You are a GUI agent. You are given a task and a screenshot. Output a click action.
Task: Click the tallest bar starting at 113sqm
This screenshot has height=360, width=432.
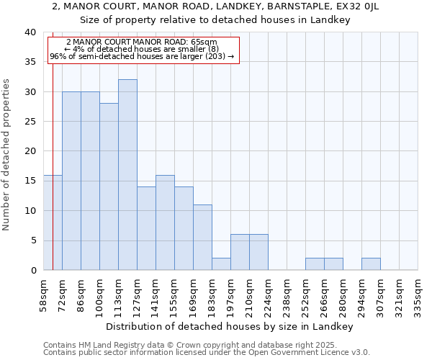pyautogui.click(x=127, y=175)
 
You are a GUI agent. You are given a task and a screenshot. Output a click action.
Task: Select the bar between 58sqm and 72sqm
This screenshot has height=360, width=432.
pyautogui.click(x=53, y=222)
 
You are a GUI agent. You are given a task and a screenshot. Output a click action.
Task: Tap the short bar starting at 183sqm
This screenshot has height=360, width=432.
pyautogui.click(x=221, y=264)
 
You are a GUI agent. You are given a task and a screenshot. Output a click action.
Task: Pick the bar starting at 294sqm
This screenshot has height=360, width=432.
pyautogui.click(x=371, y=264)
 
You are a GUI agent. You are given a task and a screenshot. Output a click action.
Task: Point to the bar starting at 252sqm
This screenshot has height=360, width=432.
pyautogui.click(x=315, y=264)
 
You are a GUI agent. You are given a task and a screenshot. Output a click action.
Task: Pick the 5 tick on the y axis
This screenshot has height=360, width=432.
pyautogui.click(x=32, y=240)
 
